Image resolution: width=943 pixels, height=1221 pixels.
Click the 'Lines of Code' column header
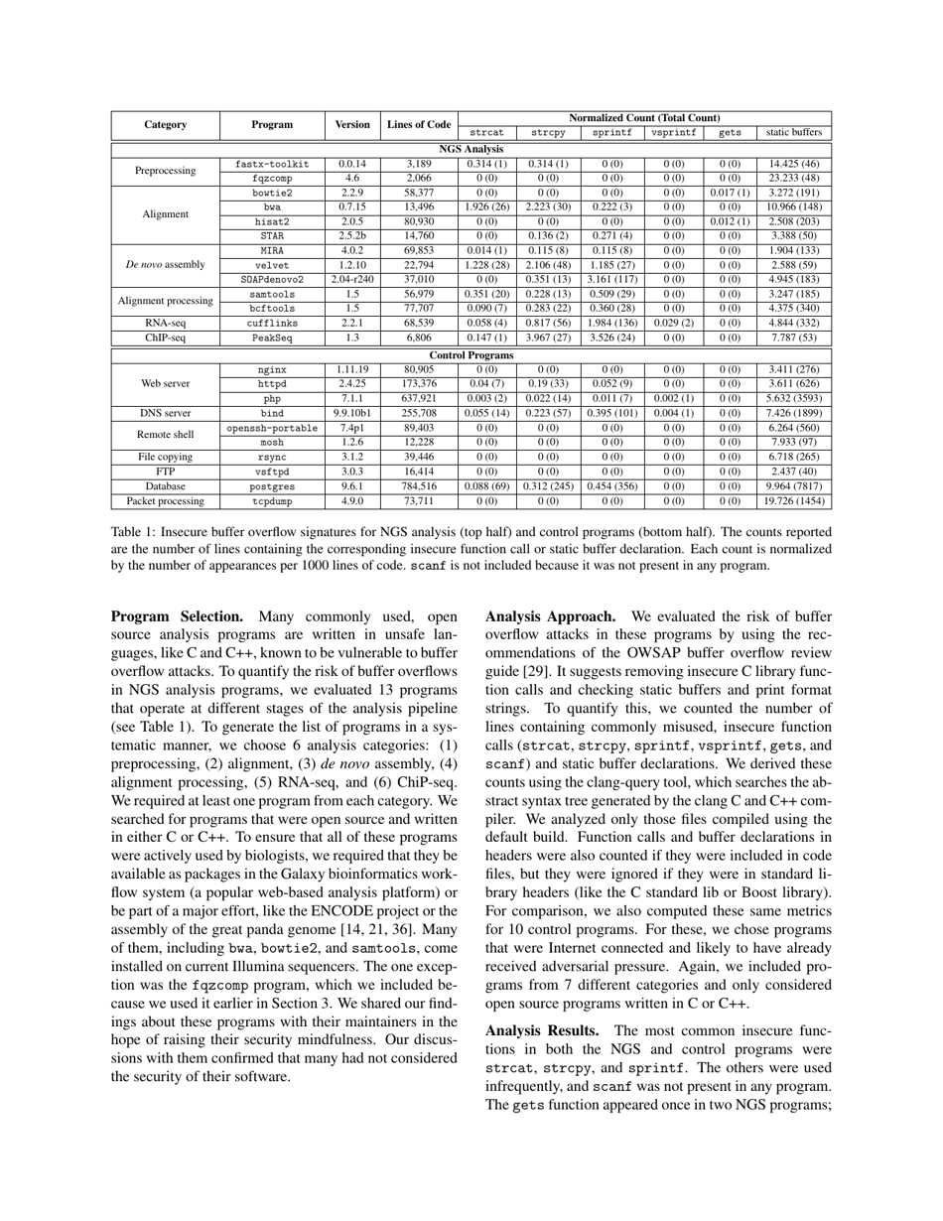tap(419, 125)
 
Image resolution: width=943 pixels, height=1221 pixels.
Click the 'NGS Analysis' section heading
tap(471, 149)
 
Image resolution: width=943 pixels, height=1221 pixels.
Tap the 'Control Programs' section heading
tap(471, 354)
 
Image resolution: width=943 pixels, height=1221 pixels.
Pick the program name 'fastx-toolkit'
tap(272, 164)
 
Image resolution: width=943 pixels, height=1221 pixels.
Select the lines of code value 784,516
tap(419, 486)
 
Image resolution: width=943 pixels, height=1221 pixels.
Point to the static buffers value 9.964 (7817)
tap(792, 486)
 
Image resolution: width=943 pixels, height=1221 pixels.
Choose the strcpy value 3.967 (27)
tap(548, 339)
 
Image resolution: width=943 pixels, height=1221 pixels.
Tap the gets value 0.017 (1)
tap(730, 193)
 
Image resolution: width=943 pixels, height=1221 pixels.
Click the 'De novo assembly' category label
tap(166, 265)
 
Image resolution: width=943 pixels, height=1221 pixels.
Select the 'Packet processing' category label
tap(166, 501)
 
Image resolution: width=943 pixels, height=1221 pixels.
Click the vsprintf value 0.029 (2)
tap(673, 324)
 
